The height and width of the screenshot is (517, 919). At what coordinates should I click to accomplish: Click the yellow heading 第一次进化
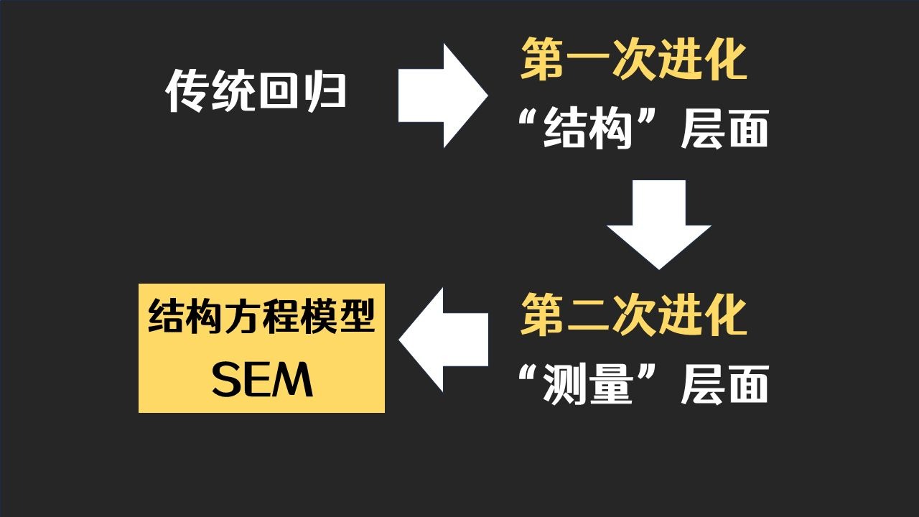click(x=634, y=60)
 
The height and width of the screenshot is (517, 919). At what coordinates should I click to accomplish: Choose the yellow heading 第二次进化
click(x=634, y=315)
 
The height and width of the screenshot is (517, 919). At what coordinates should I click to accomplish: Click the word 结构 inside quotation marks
click(x=587, y=130)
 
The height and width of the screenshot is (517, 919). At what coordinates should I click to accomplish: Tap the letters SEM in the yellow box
click(x=262, y=381)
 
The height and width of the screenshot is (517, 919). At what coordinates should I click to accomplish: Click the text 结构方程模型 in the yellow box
click(x=262, y=317)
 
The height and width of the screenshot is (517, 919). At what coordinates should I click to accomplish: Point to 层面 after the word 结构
click(x=724, y=130)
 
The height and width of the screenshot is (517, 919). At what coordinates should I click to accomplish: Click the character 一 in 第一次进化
click(x=588, y=60)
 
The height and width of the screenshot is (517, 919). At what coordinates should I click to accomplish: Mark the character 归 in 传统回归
click(x=325, y=92)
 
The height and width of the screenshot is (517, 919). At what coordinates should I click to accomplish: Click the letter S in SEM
click(x=227, y=381)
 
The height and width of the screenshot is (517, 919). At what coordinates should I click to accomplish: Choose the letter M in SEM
click(x=294, y=381)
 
